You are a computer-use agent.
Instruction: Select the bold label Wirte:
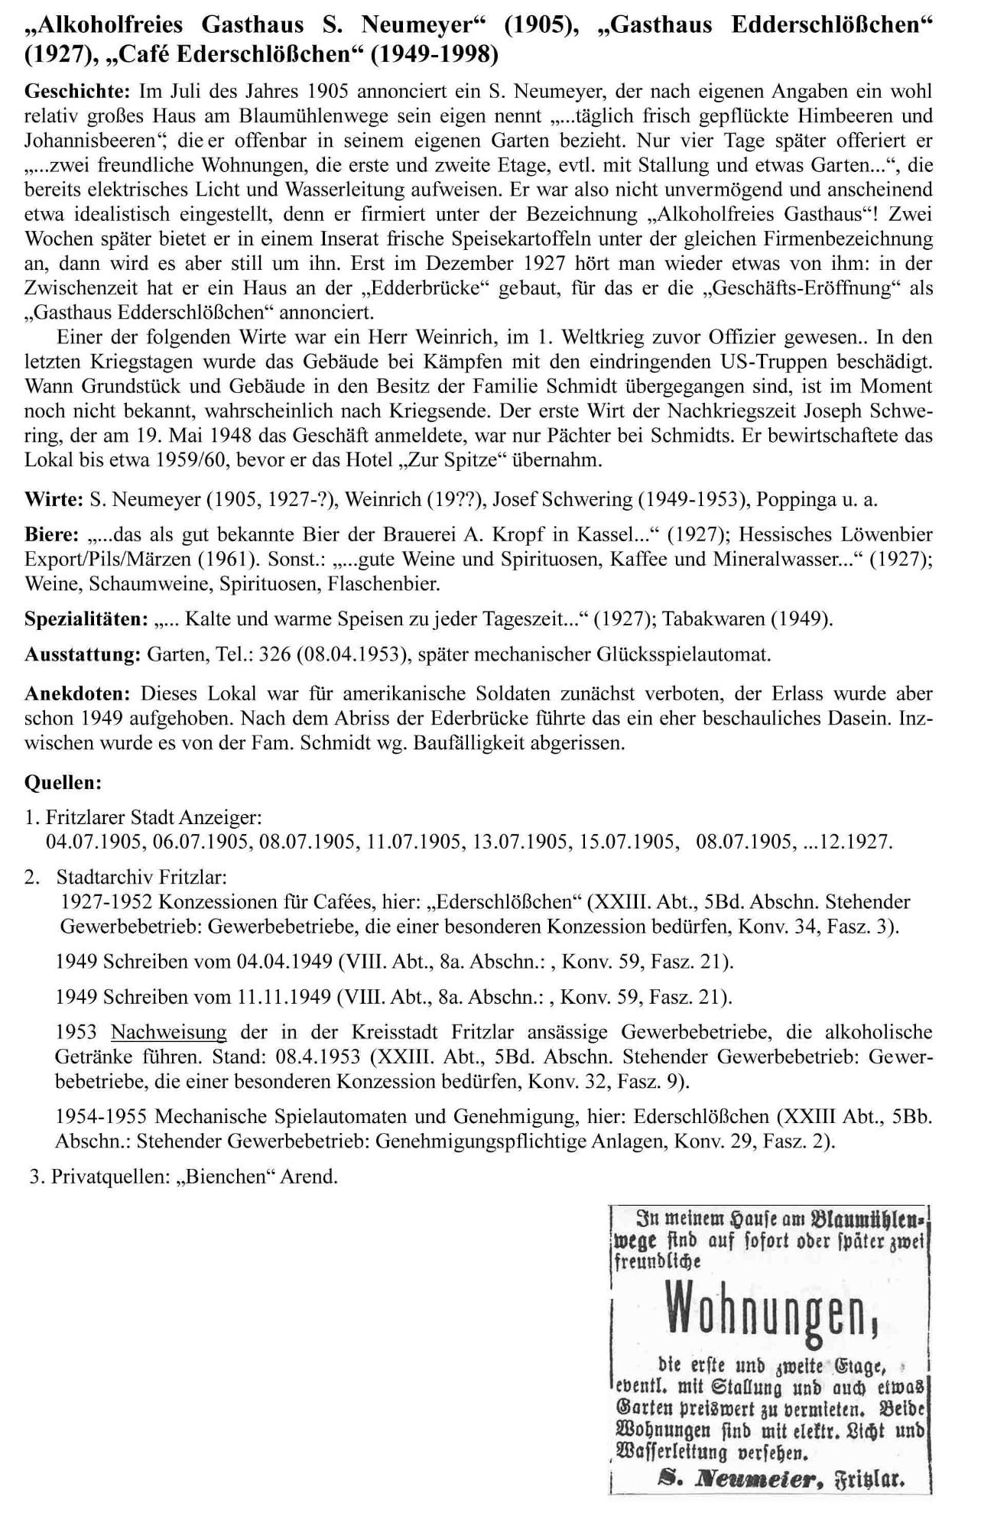tap(54, 500)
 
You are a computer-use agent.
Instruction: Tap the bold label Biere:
tap(52, 534)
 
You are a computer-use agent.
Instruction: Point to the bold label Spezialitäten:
tap(86, 618)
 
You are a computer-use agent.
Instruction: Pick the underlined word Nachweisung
tap(169, 1032)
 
